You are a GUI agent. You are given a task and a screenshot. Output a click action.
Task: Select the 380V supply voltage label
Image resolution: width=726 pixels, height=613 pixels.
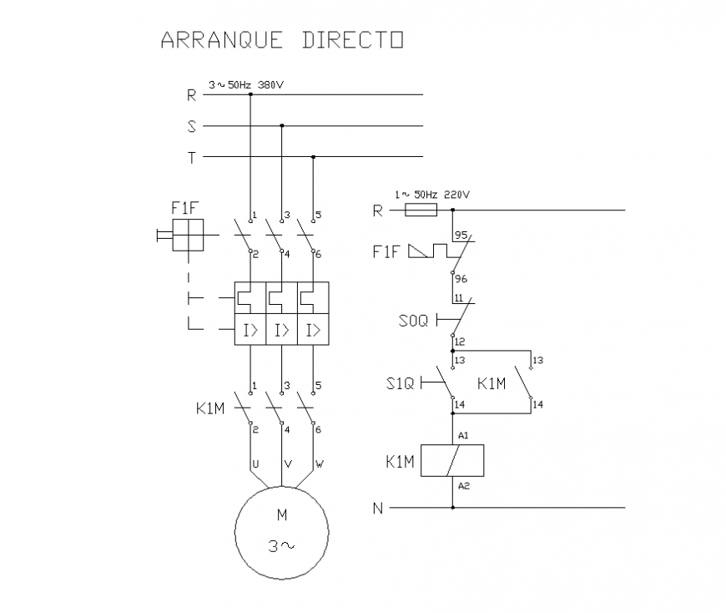pos(270,85)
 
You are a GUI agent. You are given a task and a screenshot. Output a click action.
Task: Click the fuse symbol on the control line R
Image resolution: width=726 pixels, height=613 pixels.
pos(420,210)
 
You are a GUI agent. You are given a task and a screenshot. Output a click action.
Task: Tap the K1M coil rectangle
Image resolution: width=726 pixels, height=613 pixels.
pos(452,461)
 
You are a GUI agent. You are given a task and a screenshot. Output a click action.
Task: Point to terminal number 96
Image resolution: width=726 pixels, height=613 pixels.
pos(461,280)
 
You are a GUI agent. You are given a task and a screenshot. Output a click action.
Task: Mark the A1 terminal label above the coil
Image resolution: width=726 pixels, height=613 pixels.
pos(463,436)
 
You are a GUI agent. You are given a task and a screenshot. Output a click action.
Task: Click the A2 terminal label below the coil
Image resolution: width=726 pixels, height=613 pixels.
pos(463,485)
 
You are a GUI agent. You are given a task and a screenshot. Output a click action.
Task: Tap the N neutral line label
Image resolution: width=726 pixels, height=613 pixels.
pos(377,508)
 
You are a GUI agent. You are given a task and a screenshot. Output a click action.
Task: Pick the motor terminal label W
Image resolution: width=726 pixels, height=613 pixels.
pos(319,463)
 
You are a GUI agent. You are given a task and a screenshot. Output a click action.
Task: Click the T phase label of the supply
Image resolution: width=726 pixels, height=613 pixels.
pos(191,157)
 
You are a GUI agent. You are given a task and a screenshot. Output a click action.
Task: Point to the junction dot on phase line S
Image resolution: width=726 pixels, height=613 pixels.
pos(281,126)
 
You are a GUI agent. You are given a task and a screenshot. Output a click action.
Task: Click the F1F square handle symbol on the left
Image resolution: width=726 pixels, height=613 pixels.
pos(187,235)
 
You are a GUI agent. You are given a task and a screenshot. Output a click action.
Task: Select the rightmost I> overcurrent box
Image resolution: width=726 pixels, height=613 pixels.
pos(313,332)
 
